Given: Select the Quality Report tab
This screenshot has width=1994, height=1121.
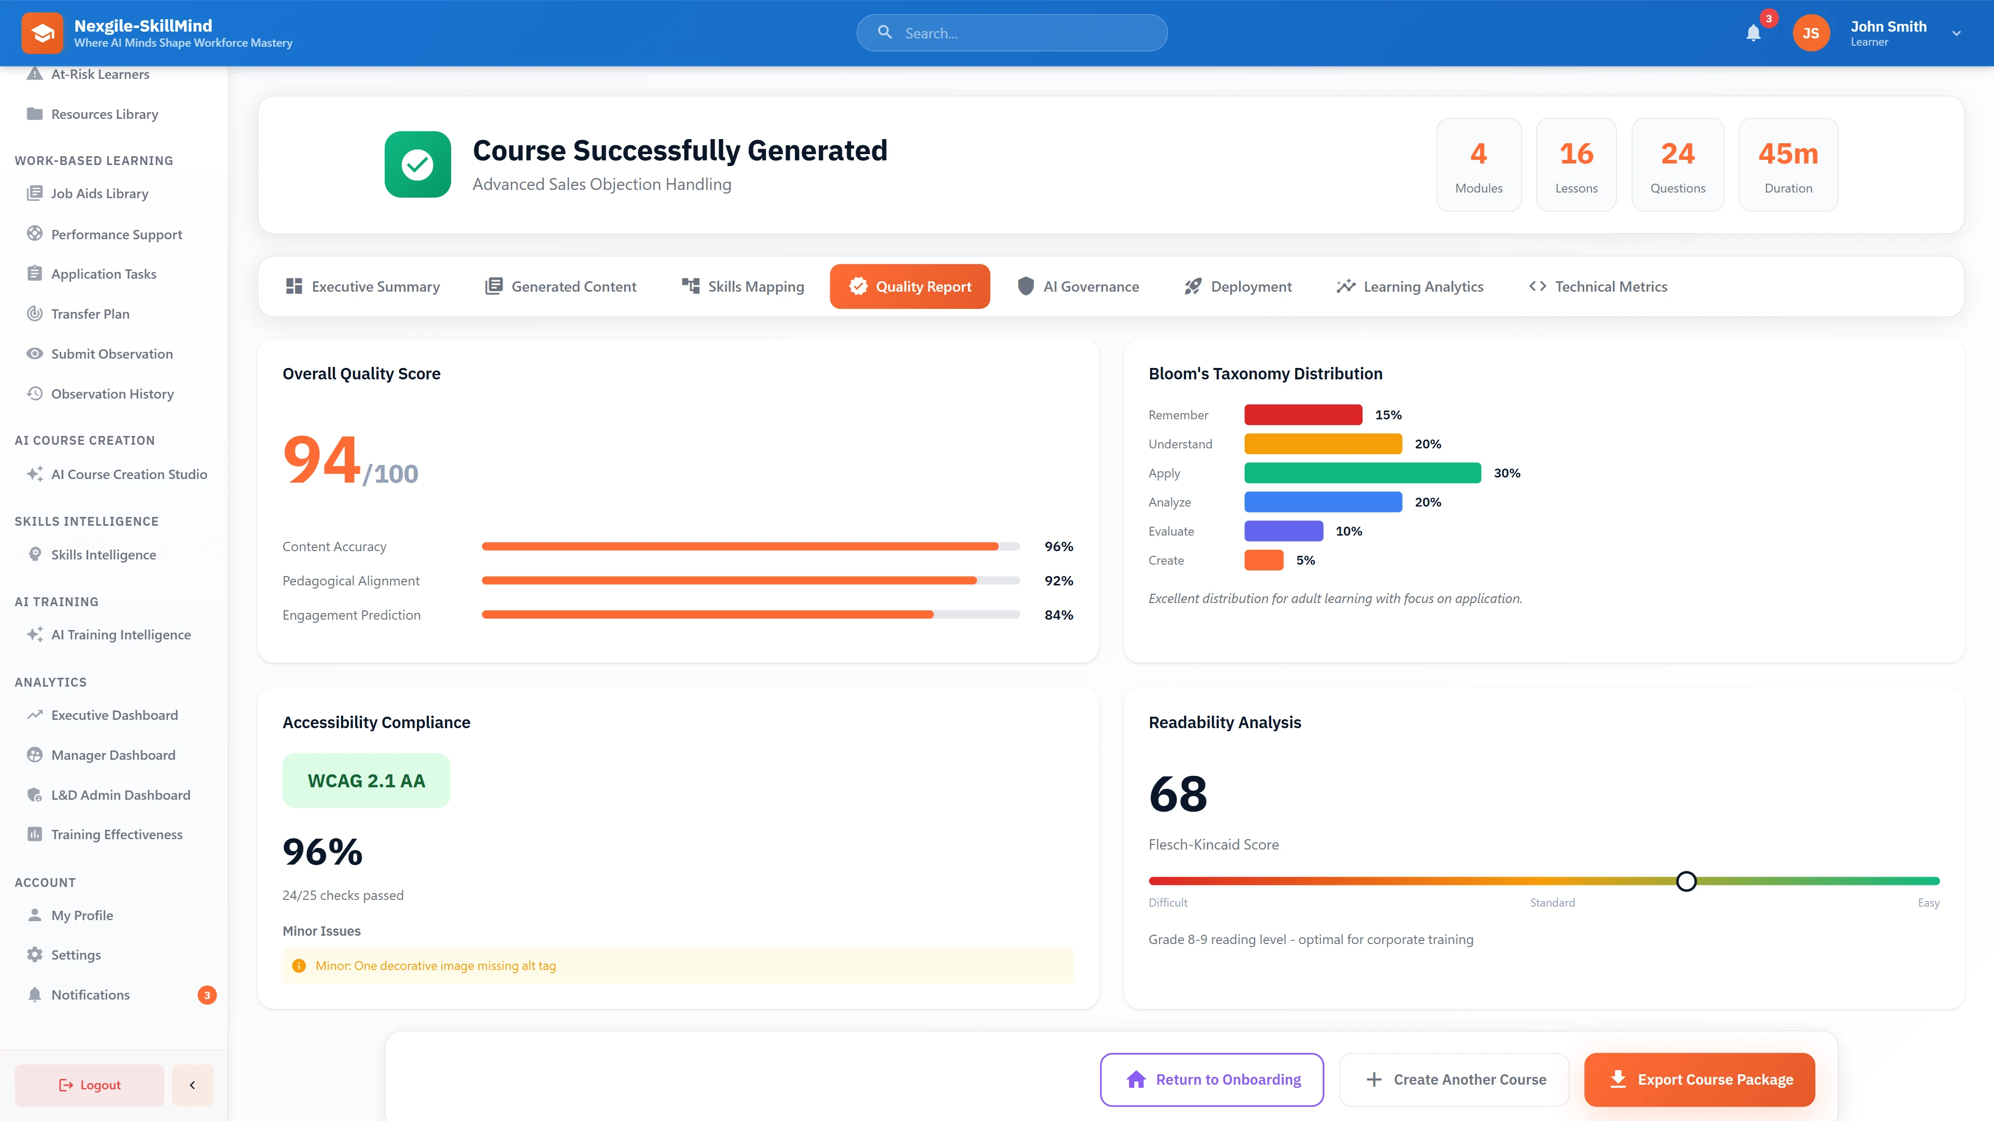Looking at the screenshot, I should point(910,286).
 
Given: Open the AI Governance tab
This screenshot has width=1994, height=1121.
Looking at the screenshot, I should point(1079,286).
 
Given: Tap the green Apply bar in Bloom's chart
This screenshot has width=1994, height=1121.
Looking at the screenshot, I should point(1363,473).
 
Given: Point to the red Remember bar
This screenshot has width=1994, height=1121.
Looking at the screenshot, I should point(1303,415).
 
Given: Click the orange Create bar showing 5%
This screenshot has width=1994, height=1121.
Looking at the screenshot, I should point(1263,560).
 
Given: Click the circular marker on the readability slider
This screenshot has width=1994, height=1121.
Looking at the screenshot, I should point(1686,881).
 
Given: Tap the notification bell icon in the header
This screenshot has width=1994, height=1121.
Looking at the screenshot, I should point(1753,33).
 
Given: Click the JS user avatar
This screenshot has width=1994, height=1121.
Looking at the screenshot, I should point(1811,33).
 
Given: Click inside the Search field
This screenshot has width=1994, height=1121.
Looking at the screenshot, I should point(1022,33).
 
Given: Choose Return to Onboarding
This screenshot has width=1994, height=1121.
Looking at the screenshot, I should point(1211,1079).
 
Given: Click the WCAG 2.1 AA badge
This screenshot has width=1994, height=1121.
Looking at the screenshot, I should point(366,781).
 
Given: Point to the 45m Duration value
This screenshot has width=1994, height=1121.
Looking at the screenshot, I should point(1788,154).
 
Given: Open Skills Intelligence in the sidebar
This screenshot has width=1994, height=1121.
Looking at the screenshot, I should point(104,555).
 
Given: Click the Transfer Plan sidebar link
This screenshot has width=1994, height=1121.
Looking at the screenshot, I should point(90,314).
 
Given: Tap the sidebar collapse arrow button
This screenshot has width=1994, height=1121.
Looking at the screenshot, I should point(192,1085).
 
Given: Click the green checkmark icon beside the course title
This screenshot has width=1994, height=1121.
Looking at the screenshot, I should point(417,164).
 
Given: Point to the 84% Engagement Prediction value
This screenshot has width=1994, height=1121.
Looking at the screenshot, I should point(1058,615).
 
